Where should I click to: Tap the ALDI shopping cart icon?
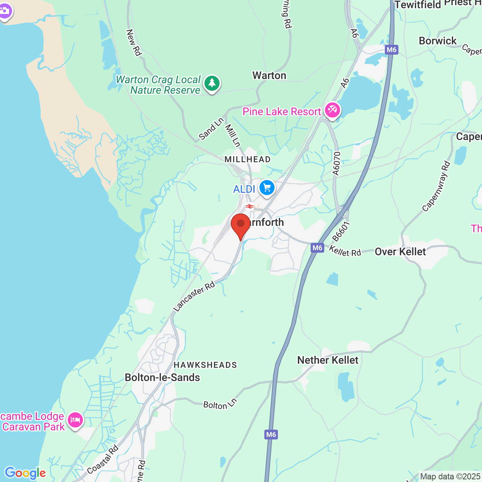pyautogui.click(x=267, y=187)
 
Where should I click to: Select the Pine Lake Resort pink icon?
pyautogui.click(x=332, y=110)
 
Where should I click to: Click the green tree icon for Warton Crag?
pyautogui.click(x=212, y=84)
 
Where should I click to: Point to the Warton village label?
pyautogui.click(x=269, y=76)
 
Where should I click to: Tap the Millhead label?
pyautogui.click(x=247, y=159)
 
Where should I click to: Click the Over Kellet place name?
pyautogui.click(x=400, y=252)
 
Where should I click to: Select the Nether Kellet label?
pyautogui.click(x=328, y=360)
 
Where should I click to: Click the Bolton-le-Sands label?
pyautogui.click(x=162, y=378)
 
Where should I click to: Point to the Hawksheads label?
pyautogui.click(x=205, y=365)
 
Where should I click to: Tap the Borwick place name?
pyautogui.click(x=438, y=41)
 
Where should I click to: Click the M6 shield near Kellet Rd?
pyautogui.click(x=317, y=248)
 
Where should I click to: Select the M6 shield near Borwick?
pyautogui.click(x=392, y=50)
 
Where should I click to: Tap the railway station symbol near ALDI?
pyautogui.click(x=249, y=206)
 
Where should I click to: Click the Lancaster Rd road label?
pyautogui.click(x=194, y=296)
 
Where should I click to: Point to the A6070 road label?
pyautogui.click(x=336, y=164)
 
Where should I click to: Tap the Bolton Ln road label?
pyautogui.click(x=220, y=404)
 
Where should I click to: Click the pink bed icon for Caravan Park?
pyautogui.click(x=75, y=420)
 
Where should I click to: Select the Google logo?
pyautogui.click(x=25, y=473)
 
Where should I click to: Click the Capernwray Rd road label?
pyautogui.click(x=436, y=186)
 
